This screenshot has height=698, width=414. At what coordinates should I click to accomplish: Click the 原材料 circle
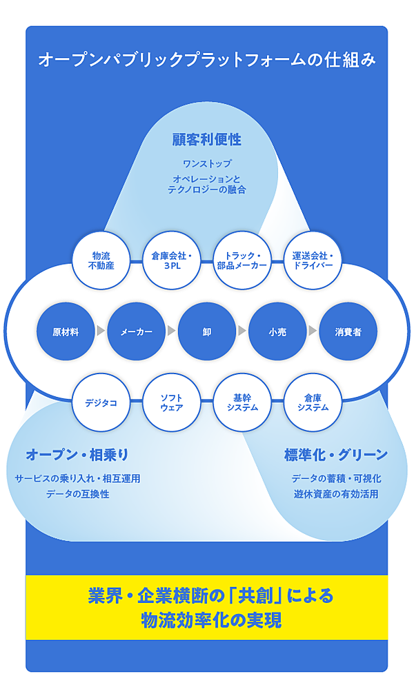click(x=66, y=331)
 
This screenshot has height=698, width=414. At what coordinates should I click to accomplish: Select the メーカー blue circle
click(x=137, y=331)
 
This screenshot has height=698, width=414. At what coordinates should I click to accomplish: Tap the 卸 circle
click(x=207, y=331)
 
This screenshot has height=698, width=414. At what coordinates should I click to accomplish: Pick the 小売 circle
click(x=277, y=331)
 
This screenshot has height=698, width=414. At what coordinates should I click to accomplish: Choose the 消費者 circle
click(x=348, y=331)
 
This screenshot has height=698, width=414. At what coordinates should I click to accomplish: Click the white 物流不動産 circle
click(x=101, y=260)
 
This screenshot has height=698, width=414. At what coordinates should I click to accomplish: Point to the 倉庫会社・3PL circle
click(x=172, y=260)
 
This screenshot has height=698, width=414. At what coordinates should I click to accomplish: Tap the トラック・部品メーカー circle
click(x=242, y=260)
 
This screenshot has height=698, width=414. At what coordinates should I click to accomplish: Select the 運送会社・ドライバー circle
click(x=313, y=260)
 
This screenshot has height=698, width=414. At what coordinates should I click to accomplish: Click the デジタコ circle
click(x=101, y=402)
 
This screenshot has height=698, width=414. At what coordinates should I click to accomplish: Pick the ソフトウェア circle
click(x=172, y=402)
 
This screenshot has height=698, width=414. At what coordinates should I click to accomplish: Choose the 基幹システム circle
click(x=242, y=402)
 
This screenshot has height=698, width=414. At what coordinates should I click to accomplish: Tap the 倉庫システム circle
click(x=313, y=402)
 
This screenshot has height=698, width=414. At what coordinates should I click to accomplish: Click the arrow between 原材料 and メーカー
click(x=101, y=331)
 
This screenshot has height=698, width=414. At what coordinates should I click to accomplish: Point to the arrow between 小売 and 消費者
click(x=313, y=331)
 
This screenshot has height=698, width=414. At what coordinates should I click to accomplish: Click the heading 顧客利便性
click(x=206, y=140)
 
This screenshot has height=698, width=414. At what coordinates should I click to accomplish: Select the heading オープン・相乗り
click(x=77, y=455)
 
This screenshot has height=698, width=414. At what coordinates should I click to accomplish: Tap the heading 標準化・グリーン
click(x=335, y=455)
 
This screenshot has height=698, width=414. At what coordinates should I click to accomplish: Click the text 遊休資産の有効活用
click(x=335, y=494)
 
